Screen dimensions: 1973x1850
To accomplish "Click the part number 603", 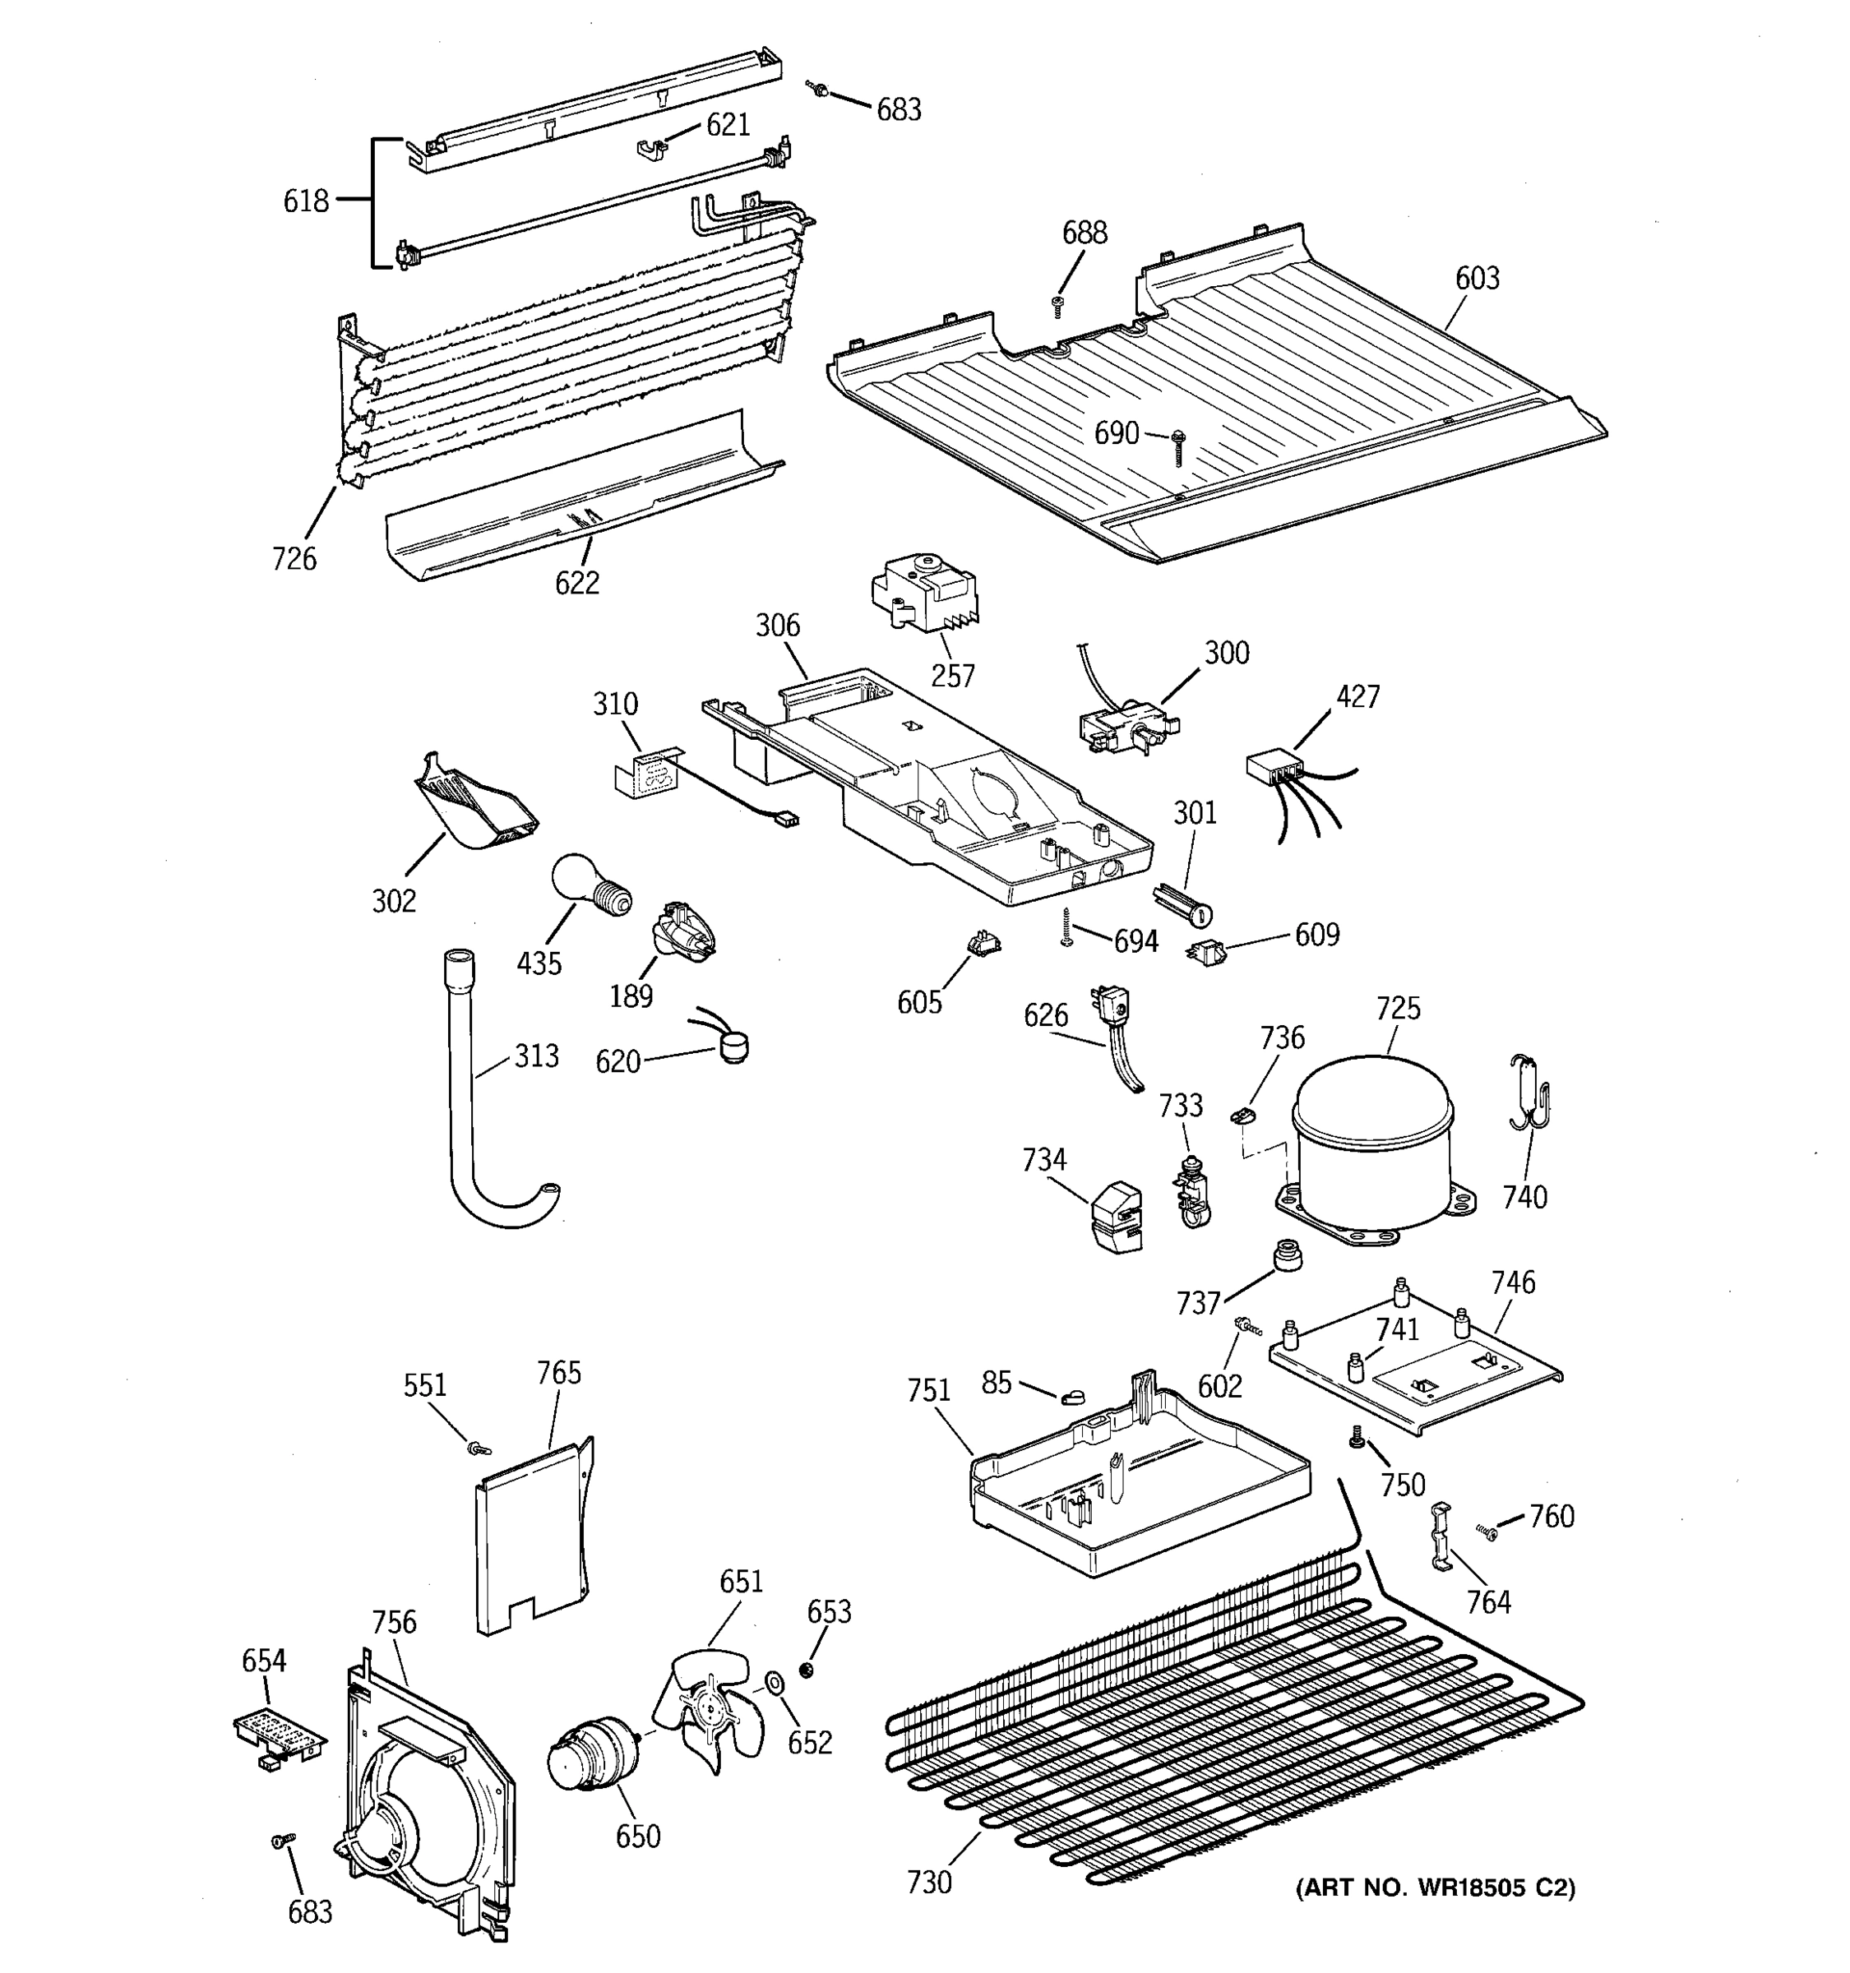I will (x=1477, y=279).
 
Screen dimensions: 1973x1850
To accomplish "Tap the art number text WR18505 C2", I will (x=1435, y=1888).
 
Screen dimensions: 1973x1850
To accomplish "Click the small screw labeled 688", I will (x=1058, y=306).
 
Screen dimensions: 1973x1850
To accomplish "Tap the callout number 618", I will (x=306, y=201).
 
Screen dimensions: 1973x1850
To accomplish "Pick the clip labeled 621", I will (x=651, y=149).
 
